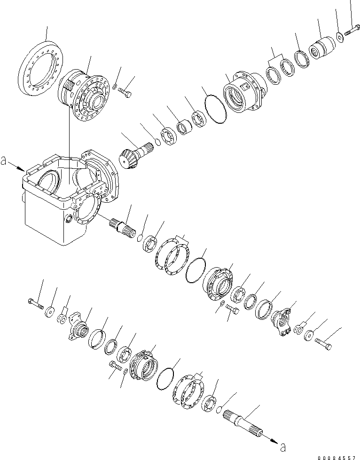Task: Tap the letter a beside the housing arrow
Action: pyautogui.click(x=4, y=161)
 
